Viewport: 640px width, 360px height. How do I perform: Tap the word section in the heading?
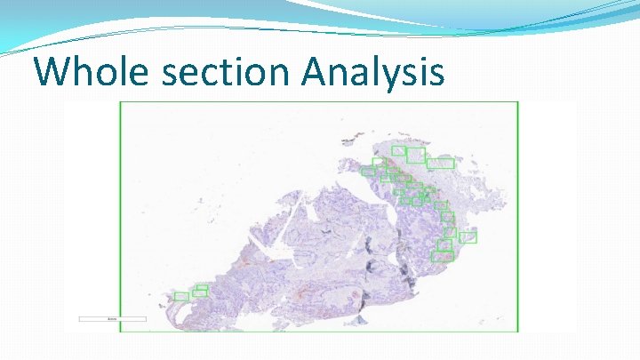pos(227,71)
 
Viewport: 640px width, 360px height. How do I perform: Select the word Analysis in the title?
pos(372,71)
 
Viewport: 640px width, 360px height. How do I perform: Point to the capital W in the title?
pos(54,71)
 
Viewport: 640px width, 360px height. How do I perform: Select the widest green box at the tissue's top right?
pos(441,164)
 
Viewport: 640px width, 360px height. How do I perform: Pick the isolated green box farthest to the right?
pos(468,236)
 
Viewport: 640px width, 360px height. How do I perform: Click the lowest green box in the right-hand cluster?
pos(442,256)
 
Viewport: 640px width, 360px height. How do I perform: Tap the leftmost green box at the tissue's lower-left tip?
pos(181,296)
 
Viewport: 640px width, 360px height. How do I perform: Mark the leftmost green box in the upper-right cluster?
pos(367,172)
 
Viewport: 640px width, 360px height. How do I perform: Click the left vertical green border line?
pos(120,213)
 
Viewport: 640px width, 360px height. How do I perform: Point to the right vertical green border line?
pos(517,213)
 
